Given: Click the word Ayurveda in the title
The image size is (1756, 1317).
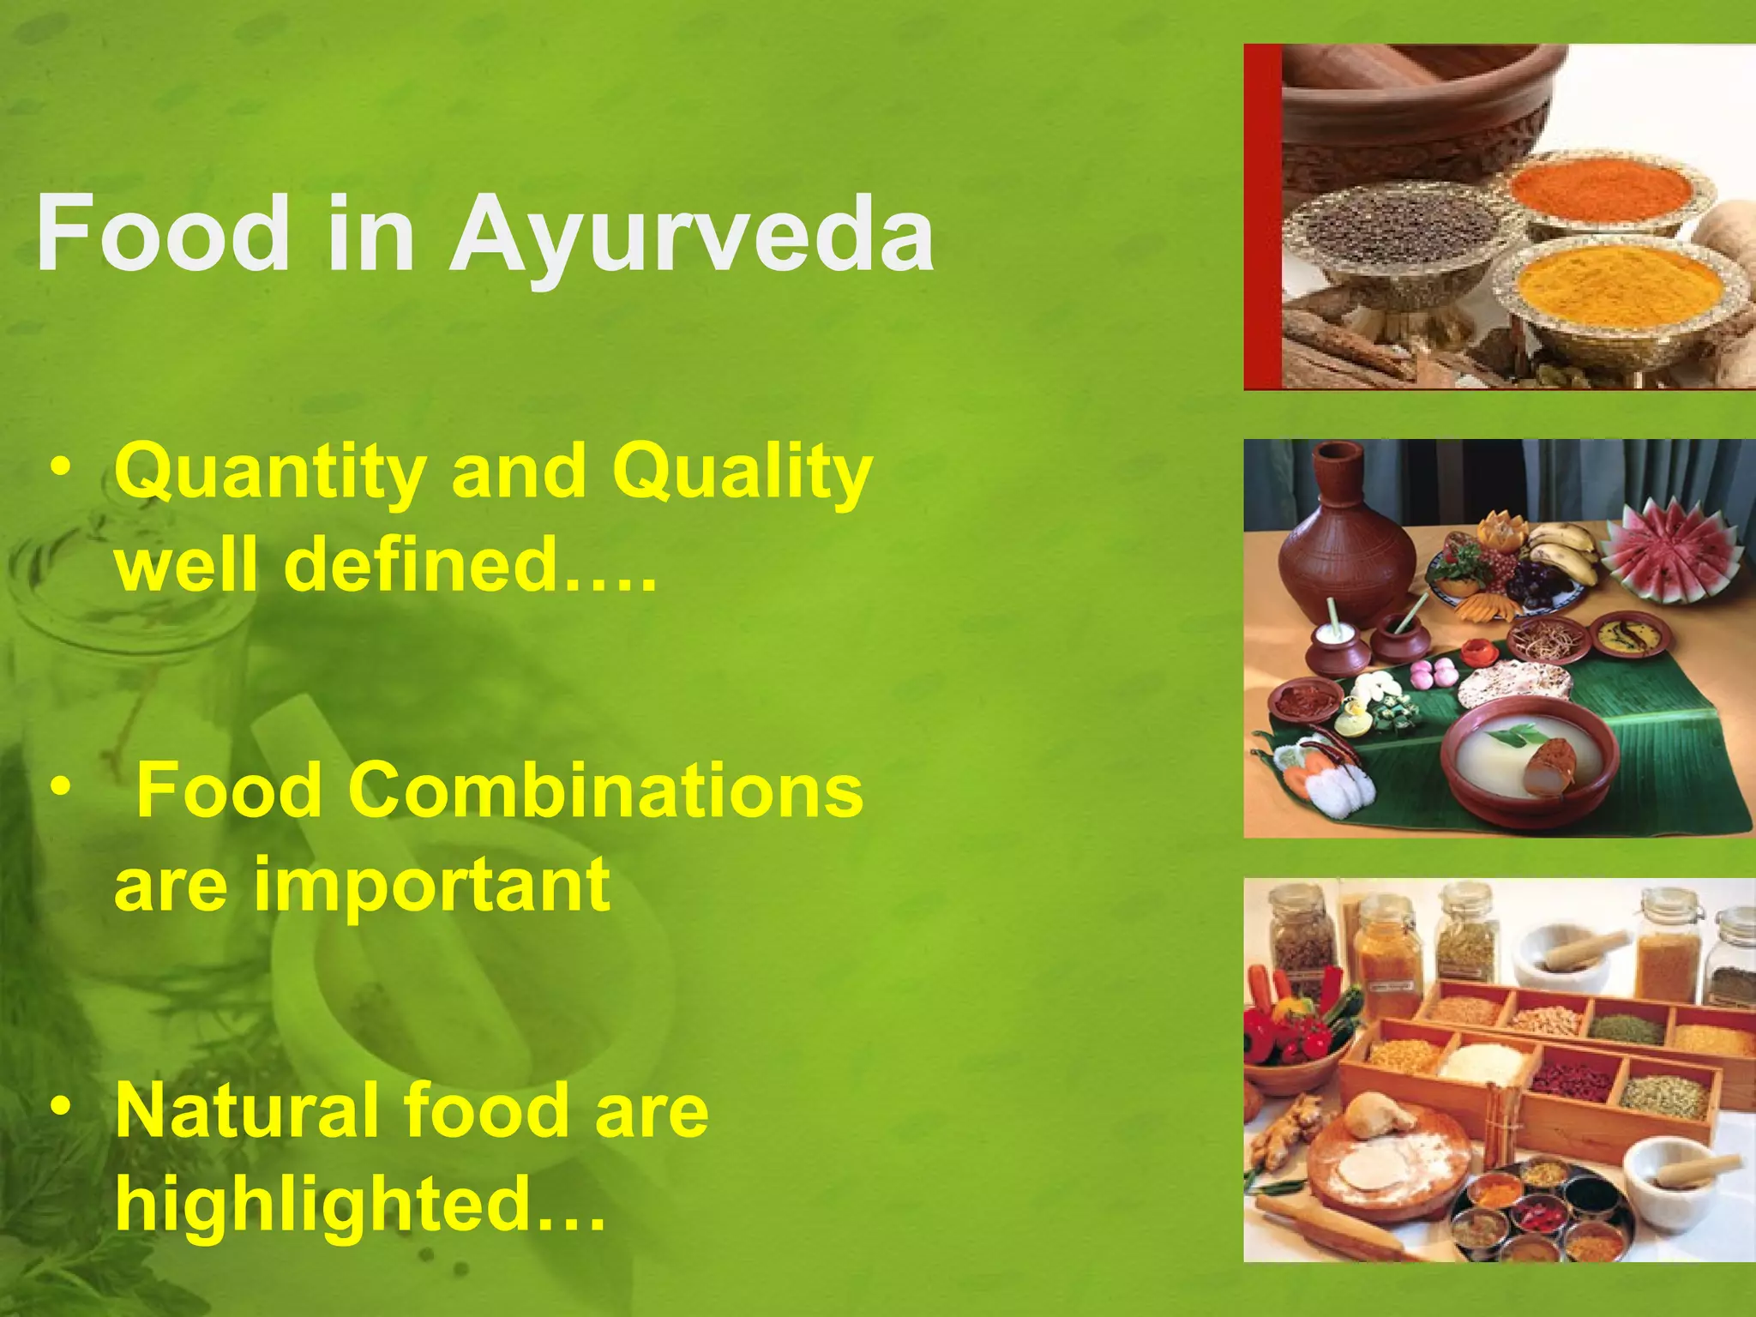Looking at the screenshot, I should [693, 233].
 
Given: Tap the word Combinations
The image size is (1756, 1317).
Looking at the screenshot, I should [605, 791].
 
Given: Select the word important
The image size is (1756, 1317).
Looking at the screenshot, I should [432, 885].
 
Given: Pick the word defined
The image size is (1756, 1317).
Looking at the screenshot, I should [420, 564].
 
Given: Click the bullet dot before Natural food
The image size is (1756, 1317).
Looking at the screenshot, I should [60, 1106].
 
